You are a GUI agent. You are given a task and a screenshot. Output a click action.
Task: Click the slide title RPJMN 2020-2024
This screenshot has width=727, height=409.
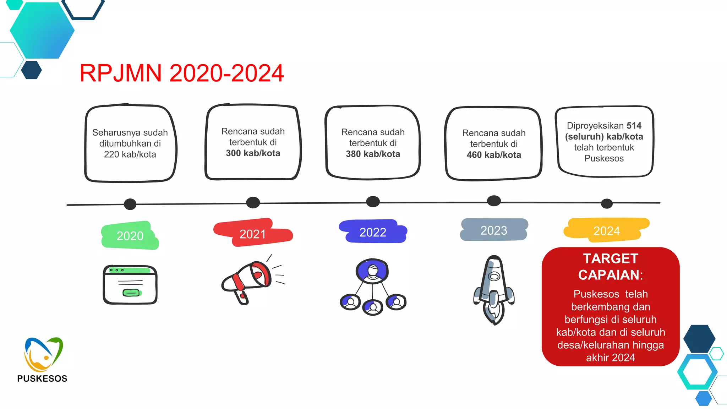(x=181, y=73)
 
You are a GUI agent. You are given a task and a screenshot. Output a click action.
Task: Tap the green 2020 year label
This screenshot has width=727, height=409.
(x=130, y=236)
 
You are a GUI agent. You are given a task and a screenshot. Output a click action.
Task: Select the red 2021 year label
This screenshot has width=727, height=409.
(x=253, y=234)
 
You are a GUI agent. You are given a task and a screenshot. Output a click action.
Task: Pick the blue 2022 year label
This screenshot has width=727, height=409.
(x=373, y=232)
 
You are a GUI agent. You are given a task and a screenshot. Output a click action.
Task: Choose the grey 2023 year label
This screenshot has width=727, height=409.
(x=494, y=230)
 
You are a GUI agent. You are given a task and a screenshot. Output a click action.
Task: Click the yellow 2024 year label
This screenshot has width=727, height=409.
(x=606, y=231)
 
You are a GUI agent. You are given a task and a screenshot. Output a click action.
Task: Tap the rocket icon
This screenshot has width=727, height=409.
(x=494, y=289)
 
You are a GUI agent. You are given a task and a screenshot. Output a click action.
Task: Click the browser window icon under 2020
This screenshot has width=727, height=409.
(x=130, y=285)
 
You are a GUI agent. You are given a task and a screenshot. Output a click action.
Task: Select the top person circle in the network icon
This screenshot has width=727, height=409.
(x=372, y=271)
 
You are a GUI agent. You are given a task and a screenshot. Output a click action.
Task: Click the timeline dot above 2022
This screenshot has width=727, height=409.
(x=373, y=202)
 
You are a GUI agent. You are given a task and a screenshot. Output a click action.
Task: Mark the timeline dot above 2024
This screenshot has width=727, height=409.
(x=607, y=203)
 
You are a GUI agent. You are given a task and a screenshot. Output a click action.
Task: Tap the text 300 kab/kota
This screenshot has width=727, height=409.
(x=253, y=153)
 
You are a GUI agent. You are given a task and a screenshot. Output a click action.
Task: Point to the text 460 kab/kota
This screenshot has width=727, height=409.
(x=494, y=155)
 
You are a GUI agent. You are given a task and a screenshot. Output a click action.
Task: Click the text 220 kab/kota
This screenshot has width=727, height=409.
(x=130, y=154)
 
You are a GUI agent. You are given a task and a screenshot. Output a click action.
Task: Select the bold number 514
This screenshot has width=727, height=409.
(x=634, y=126)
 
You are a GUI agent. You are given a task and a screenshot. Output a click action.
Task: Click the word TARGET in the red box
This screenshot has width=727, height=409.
(x=611, y=258)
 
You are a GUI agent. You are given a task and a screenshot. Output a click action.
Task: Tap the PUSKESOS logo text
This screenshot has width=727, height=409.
(x=42, y=378)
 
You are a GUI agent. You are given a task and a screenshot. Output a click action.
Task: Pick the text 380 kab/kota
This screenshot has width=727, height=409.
(x=373, y=154)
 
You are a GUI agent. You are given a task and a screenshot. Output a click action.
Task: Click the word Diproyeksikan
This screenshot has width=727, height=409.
(x=595, y=126)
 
